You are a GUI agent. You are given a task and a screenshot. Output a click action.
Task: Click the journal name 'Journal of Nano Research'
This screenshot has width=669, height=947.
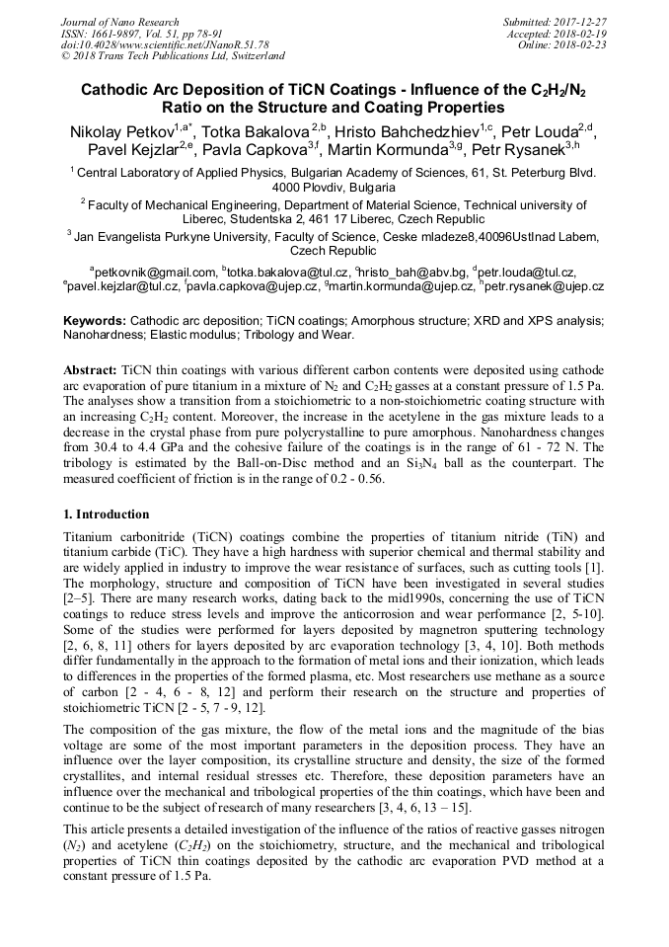click(x=120, y=22)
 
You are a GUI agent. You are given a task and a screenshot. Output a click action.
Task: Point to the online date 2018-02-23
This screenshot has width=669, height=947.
click(x=581, y=44)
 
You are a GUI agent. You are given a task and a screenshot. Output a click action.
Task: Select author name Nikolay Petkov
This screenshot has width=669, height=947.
click(x=123, y=132)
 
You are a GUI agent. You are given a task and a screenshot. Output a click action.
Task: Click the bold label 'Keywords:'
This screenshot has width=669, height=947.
click(x=95, y=322)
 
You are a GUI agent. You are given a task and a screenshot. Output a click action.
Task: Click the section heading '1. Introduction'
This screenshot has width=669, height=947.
click(x=107, y=514)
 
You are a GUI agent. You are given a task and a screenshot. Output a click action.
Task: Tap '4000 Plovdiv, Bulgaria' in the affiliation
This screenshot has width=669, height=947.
click(x=334, y=187)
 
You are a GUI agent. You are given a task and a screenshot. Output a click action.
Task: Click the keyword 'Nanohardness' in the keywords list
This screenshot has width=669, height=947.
click(x=108, y=336)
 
